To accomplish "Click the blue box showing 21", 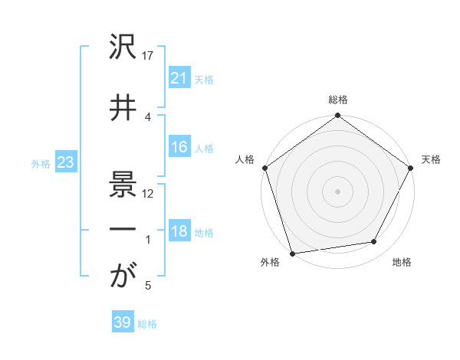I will click(179, 78).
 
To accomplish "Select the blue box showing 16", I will click(179, 148).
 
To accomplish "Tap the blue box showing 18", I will click(179, 232).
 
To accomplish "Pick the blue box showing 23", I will click(66, 162).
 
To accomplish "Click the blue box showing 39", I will click(123, 323).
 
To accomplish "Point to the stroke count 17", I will click(149, 56).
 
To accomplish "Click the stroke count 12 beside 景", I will click(149, 193).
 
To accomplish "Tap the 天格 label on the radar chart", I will click(431, 159).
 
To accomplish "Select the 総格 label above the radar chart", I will click(337, 100).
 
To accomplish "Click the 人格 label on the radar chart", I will click(245, 159).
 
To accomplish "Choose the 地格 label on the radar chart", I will click(402, 263).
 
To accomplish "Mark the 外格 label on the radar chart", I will click(270, 263).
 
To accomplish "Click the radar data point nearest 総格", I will click(337, 116).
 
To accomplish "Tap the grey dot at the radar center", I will click(337, 191).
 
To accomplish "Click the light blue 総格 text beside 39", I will click(147, 324).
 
